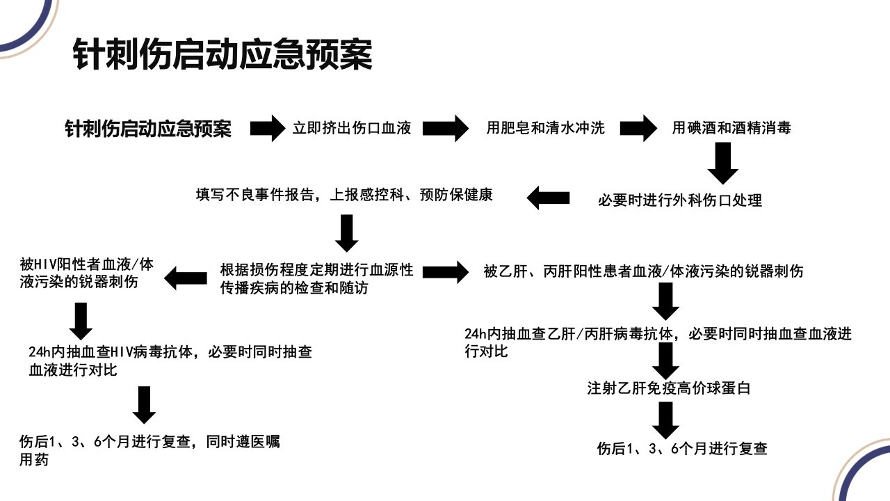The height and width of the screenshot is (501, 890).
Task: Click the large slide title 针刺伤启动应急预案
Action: [222, 55]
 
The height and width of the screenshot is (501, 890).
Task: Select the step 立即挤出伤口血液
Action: [352, 128]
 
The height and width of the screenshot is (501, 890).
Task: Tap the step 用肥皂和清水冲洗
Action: [546, 128]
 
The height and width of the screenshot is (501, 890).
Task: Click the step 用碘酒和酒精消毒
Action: [731, 128]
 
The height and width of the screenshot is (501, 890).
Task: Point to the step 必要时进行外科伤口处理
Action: [680, 201]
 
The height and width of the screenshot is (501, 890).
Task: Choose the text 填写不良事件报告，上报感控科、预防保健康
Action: [345, 195]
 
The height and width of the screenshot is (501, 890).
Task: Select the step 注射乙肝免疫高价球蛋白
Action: [669, 388]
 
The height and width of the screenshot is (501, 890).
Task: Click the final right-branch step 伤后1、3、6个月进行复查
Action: [682, 449]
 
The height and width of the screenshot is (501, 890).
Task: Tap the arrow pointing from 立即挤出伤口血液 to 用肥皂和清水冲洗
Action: [446, 128]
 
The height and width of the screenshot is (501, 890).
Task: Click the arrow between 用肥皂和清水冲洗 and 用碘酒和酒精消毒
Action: [638, 128]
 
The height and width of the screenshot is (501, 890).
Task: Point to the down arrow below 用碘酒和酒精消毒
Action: [723, 163]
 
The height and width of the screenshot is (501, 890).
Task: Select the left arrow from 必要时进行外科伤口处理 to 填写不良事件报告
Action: [548, 198]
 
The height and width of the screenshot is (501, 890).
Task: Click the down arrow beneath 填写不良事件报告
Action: [347, 232]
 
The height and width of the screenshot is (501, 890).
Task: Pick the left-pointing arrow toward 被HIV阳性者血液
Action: [186, 278]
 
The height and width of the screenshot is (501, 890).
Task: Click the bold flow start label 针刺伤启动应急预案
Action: [148, 129]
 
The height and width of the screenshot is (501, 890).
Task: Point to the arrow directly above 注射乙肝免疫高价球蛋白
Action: [666, 360]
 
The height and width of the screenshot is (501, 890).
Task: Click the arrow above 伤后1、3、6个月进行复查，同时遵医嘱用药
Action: [144, 404]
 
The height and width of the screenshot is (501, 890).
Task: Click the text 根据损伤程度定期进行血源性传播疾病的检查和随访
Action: [317, 278]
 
